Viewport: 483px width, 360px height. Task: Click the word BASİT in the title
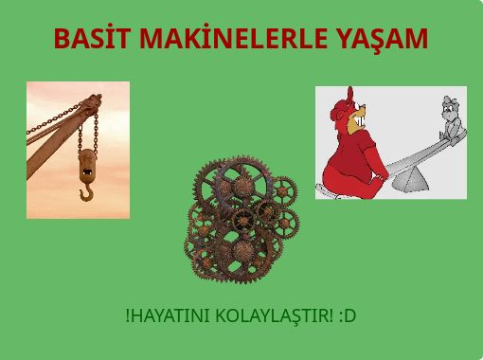tap(92, 38)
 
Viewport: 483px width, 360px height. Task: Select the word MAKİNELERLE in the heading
tap(233, 38)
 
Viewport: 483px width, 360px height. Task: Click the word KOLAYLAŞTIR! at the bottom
tap(275, 315)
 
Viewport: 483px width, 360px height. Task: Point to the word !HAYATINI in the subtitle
tap(168, 315)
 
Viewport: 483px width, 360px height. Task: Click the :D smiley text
tap(348, 315)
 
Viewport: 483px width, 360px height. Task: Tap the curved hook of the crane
tap(86, 192)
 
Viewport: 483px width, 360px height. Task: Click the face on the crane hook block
tap(87, 164)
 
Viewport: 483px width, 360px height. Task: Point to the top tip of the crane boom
tap(98, 95)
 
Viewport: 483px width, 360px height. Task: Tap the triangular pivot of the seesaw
tap(410, 180)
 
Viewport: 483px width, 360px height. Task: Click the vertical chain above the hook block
tap(96, 133)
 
